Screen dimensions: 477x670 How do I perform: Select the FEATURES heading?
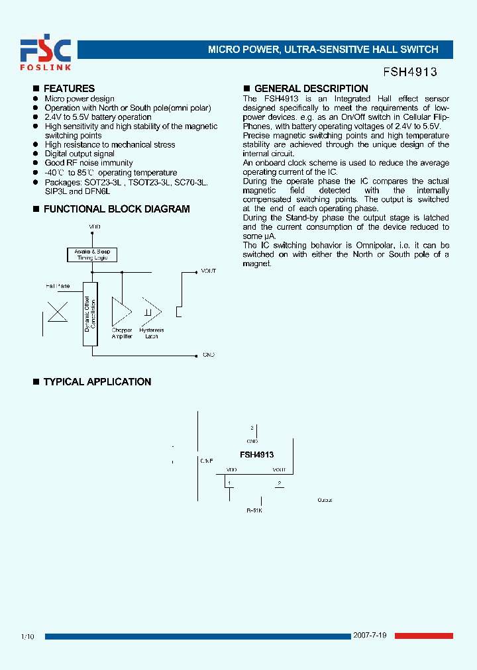point(69,89)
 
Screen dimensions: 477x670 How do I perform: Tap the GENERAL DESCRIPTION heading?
point(311,89)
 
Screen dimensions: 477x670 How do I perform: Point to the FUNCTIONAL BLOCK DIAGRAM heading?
point(116,209)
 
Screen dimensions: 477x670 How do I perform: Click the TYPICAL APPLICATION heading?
point(97,382)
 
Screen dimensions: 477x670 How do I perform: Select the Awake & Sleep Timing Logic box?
point(92,255)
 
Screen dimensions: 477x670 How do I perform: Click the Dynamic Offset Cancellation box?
point(90,314)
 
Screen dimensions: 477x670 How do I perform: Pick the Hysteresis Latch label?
point(152,333)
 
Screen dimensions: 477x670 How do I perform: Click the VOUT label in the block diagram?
point(209,271)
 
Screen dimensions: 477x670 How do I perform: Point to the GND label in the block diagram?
point(209,356)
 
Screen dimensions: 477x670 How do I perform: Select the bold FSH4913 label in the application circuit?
point(256,455)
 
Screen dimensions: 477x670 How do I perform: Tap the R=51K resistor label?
point(254,510)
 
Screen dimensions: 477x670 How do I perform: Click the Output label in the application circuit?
point(325,500)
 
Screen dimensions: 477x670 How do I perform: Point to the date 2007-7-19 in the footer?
point(372,636)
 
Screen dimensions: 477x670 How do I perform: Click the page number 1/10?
point(27,637)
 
